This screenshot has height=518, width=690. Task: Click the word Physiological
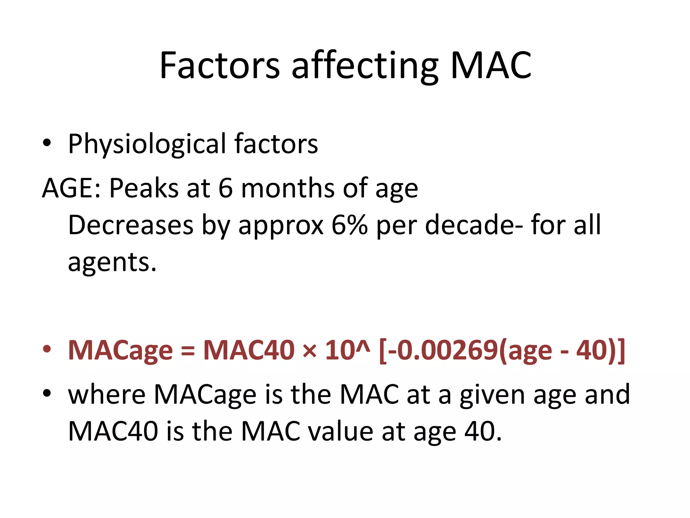147,144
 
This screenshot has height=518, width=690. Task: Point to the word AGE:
71,188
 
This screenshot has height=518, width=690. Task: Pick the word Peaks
144,188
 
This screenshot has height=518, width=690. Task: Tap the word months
288,188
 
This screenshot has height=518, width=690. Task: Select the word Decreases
131,225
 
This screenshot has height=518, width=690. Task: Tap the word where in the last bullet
106,394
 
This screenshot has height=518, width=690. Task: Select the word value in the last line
340,431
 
